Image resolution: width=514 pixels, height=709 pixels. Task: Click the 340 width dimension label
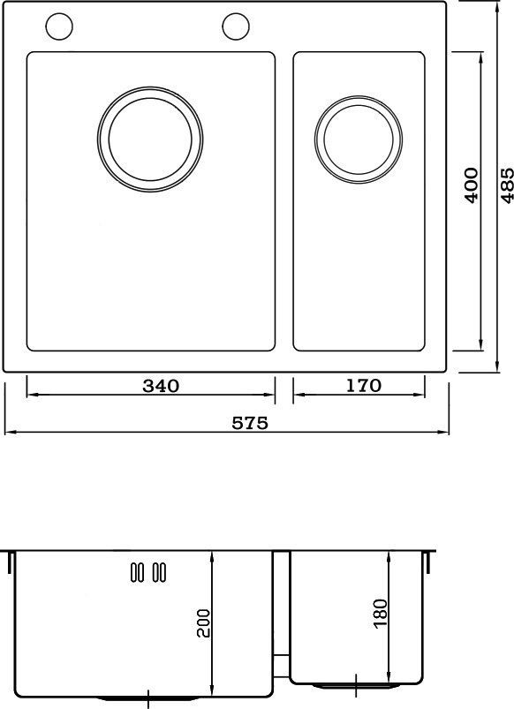(161, 386)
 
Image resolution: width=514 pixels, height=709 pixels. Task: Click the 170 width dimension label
(363, 385)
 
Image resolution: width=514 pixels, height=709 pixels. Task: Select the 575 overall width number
(250, 423)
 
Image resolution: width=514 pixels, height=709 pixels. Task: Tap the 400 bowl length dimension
(472, 185)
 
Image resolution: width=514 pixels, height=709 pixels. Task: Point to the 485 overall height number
(507, 185)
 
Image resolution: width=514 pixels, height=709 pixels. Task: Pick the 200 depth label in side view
(204, 623)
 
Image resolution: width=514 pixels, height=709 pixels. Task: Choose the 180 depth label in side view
(381, 613)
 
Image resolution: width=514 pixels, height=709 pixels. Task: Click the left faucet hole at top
(59, 26)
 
